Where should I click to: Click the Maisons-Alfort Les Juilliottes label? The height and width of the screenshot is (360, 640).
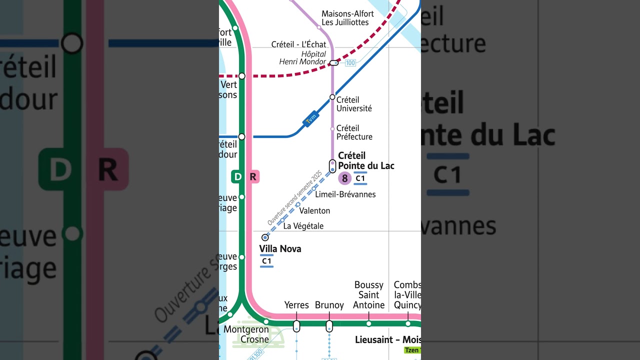click(347, 18)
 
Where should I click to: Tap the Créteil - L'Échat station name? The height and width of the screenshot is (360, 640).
click(298, 44)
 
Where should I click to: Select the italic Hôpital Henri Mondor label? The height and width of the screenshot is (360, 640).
click(302, 58)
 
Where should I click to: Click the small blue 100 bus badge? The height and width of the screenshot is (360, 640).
click(350, 63)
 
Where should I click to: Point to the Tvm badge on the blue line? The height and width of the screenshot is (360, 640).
click(310, 118)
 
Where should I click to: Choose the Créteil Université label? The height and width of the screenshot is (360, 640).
click(354, 104)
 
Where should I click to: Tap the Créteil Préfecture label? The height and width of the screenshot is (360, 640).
click(354, 132)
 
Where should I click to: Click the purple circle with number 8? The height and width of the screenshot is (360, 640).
click(344, 178)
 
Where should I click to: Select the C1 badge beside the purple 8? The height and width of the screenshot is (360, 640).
click(360, 178)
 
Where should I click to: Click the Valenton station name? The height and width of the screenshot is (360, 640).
click(314, 211)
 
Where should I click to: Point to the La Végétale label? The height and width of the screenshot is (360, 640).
click(303, 226)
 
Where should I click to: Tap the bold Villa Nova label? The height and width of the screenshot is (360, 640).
click(280, 248)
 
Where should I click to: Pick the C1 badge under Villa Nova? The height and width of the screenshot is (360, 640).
click(266, 260)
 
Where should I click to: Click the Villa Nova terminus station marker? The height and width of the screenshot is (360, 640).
click(265, 237)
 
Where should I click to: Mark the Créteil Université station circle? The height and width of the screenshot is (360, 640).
click(332, 97)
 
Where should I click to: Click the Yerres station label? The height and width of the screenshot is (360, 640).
click(296, 305)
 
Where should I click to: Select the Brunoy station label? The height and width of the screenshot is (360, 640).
click(329, 305)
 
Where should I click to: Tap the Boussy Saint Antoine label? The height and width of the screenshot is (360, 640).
click(369, 295)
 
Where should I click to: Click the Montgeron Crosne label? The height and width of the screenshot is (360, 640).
click(246, 334)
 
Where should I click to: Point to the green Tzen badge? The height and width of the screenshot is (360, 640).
click(412, 350)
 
